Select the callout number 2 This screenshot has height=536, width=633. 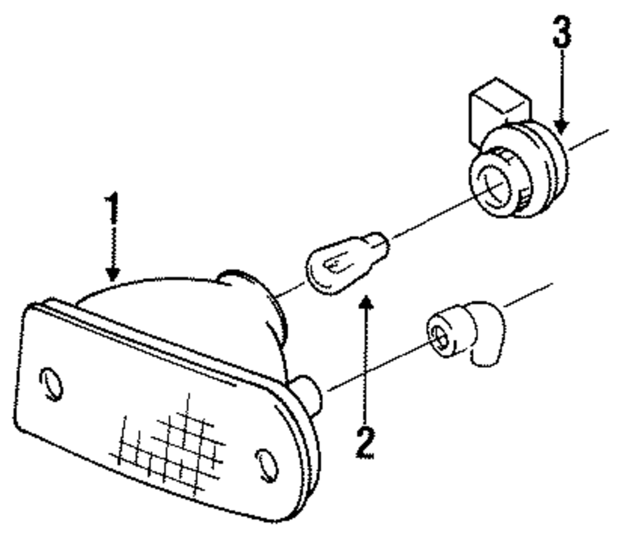pos(364,443)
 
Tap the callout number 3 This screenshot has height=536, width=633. pos(561,32)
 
